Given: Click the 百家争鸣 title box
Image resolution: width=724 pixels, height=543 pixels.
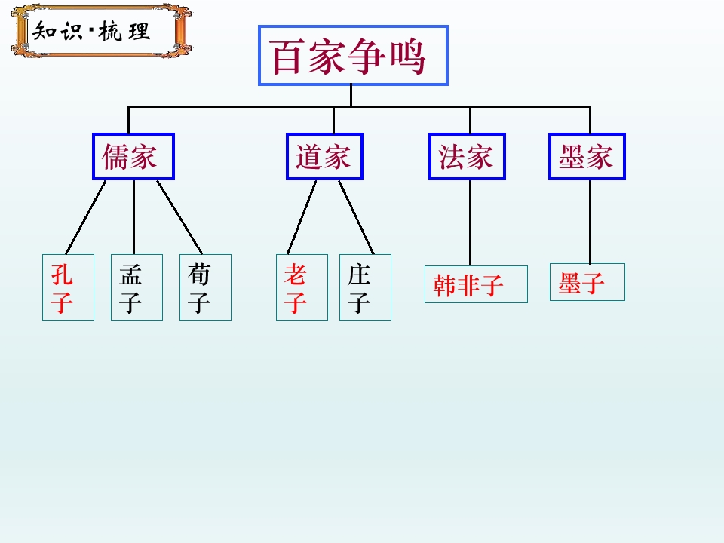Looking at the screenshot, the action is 353,55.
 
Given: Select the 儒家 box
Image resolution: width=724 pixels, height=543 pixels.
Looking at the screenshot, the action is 133,157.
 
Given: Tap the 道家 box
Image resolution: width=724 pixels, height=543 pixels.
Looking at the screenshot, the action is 324,157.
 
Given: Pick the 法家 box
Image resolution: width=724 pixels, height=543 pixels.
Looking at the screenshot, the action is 468,157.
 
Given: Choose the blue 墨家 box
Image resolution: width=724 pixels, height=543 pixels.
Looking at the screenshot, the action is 587,157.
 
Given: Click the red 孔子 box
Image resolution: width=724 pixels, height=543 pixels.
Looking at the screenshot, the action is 69,287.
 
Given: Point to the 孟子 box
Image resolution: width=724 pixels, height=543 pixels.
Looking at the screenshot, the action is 137,287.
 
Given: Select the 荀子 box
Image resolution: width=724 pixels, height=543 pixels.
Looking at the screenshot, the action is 205,287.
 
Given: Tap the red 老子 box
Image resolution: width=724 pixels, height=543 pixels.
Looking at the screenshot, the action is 302,287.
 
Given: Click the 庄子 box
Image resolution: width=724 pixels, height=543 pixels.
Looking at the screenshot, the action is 365,287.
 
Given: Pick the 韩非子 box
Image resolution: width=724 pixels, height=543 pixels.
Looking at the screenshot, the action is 476,284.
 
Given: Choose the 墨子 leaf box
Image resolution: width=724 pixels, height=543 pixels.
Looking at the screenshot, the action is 587,282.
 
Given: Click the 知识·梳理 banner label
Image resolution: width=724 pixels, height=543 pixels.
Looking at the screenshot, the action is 102,32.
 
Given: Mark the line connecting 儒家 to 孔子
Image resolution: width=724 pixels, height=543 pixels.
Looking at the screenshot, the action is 86,217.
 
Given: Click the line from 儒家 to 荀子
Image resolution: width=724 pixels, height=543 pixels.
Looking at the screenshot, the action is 179,217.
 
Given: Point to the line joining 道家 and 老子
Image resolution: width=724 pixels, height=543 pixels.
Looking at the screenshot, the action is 302,217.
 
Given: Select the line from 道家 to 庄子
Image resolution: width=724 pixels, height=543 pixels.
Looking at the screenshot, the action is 356,217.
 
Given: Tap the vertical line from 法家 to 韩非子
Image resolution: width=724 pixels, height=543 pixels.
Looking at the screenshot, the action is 470,222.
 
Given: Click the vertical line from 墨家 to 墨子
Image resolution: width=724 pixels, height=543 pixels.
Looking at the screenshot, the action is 590,222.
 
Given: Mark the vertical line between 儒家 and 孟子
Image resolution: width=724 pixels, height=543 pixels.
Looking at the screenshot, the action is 134,217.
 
